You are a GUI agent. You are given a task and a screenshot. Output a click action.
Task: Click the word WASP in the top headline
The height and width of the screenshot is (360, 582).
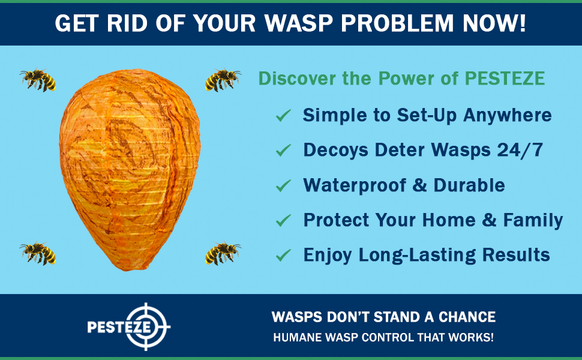coord(299,23)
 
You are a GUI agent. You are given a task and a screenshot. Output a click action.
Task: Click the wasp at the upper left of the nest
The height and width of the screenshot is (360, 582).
coord(38,79)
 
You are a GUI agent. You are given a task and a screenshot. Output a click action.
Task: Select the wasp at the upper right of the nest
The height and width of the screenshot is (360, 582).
coord(223,79)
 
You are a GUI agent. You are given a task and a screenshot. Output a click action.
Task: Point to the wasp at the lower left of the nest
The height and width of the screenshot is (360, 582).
coord(38,253)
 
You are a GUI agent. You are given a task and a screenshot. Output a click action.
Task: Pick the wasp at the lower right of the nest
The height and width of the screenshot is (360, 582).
coord(223,253)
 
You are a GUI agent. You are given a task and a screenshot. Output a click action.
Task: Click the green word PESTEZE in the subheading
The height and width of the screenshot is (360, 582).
coord(505,79)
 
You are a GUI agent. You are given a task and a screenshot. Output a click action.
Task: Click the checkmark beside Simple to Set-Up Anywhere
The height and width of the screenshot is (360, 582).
coord(283,115)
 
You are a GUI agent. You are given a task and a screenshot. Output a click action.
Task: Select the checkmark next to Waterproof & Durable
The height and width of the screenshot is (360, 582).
coord(283,185)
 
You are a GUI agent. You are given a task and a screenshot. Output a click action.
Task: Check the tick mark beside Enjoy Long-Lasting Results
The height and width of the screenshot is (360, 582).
coord(283,255)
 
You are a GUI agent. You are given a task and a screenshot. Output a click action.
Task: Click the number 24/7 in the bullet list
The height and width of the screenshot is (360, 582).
coord(520,151)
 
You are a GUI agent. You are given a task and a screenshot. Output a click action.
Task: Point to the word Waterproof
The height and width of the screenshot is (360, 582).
coord(355,185)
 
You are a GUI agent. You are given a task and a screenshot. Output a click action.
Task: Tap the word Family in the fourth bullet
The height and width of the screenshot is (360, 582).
coord(533,220)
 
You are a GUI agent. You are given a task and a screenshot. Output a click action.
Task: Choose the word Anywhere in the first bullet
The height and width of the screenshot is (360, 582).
coord(508,115)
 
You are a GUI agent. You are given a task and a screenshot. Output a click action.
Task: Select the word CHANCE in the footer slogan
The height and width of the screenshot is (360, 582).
coord(467,317)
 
